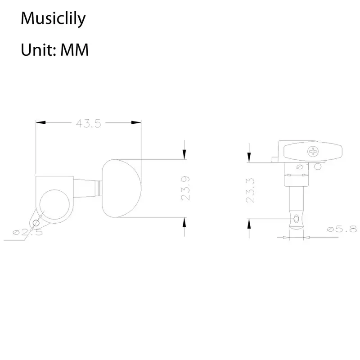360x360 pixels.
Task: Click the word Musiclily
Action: tap(53, 18)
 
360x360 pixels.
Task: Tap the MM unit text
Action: tap(75, 49)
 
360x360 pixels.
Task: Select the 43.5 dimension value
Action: tap(88, 123)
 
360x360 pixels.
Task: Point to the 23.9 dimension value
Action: tap(185, 188)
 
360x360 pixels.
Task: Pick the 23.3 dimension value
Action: tap(250, 190)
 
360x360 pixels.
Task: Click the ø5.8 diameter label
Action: tap(342, 229)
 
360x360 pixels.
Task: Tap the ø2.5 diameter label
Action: tap(28, 232)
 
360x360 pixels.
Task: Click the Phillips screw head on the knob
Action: tap(313, 152)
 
